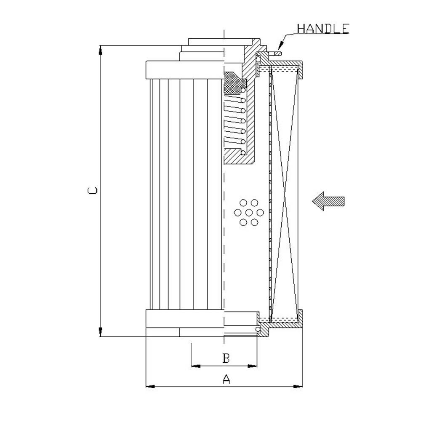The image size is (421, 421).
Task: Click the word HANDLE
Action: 323,29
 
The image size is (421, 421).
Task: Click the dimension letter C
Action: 93,190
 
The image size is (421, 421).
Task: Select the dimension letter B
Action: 226,358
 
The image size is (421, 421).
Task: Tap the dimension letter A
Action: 226,379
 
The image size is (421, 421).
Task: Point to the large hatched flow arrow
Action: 328,201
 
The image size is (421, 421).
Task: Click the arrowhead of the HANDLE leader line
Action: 280,45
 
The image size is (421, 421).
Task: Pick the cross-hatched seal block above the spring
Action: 234,83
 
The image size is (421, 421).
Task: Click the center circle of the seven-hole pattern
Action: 249,213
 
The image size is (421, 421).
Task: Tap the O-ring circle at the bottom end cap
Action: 258,329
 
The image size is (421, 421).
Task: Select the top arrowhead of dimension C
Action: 101,50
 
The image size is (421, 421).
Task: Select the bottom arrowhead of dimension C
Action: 101,332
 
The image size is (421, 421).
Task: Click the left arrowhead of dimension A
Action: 150,386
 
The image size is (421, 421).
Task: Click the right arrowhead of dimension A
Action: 298,386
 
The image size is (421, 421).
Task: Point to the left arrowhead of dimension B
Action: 196,366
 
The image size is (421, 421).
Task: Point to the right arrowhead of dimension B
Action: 252,366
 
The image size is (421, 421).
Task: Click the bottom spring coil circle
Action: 243,152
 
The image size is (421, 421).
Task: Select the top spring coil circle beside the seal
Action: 243,90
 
